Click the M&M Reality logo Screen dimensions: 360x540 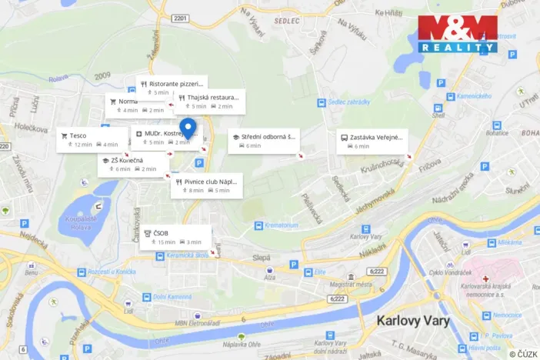(458, 33)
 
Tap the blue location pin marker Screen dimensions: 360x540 (187, 128)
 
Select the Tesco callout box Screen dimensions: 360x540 (88, 139)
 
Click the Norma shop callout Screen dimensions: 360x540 (137, 105)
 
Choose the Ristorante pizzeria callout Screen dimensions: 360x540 (172, 87)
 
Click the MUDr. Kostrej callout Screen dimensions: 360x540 (165, 137)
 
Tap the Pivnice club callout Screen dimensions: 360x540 (207, 185)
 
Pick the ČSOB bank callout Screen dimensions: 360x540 (175, 237)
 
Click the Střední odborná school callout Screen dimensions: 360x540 (264, 141)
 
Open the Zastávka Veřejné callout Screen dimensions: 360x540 (372, 141)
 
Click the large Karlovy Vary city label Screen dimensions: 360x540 (418, 320)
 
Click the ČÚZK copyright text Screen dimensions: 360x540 (522, 353)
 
